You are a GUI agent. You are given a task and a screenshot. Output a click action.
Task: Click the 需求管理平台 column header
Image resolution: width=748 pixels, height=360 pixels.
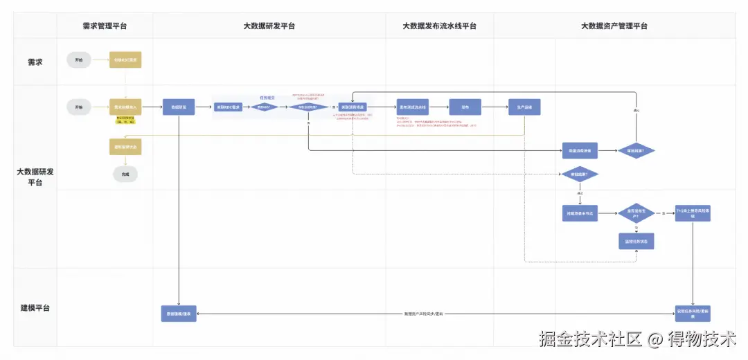pos(105,26)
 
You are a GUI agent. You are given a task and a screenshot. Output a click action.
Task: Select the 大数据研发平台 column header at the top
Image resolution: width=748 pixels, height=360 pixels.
pos(269,26)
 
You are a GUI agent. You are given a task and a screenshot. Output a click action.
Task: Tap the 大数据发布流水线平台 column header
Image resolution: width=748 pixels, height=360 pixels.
pos(439,26)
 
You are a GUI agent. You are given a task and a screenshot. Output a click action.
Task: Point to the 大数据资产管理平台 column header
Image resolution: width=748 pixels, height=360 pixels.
pos(614,26)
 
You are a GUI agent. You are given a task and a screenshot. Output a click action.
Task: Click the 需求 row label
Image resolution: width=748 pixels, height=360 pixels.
pos(35,61)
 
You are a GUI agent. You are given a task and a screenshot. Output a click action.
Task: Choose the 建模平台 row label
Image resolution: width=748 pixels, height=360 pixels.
pos(35,307)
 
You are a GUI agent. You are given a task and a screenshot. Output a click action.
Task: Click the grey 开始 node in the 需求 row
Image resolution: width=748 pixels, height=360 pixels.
pos(78,60)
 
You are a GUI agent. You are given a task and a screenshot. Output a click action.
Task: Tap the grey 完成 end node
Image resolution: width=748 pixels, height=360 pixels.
pos(125,174)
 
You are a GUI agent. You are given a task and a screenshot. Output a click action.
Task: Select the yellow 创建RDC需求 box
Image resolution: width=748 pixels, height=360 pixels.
pos(125,60)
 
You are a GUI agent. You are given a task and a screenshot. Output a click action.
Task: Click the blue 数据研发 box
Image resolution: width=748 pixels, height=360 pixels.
pos(179,107)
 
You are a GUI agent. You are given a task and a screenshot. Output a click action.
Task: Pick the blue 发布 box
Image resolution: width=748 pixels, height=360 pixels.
pos(465,107)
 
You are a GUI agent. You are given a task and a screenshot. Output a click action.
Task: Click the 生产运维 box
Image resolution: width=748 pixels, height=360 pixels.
pos(524,107)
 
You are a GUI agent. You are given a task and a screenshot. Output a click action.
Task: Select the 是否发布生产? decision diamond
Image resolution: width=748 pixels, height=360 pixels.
pos(636,213)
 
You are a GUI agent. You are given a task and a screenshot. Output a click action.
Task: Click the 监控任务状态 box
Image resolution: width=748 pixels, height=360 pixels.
pos(636,241)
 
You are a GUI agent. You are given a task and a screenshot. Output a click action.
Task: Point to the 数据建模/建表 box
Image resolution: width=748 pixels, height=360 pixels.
pos(179,313)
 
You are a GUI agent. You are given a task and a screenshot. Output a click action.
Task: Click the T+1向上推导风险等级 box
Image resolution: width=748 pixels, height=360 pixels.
pos(693,213)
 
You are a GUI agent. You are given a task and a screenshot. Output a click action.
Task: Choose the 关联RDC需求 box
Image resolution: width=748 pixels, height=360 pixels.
pos(228,107)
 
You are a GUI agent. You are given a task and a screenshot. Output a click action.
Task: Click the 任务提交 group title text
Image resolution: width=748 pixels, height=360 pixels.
pos(268,98)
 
